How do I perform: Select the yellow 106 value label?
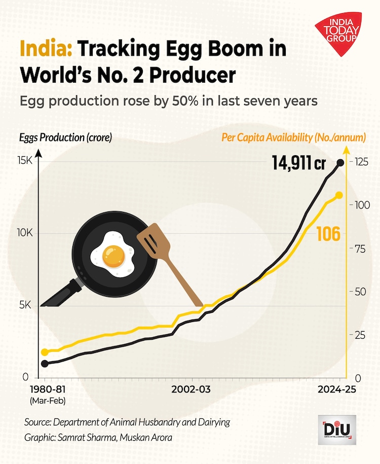[x=328, y=234]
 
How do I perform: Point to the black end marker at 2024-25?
[x=340, y=162]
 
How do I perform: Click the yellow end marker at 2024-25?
[x=339, y=195]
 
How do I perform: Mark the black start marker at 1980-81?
[x=45, y=364]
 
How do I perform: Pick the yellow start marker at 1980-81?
[x=45, y=352]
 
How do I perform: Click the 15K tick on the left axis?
[x=24, y=161]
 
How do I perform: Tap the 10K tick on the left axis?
[x=24, y=233]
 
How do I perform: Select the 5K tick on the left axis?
[x=25, y=305]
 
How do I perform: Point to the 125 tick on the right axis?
[x=361, y=161]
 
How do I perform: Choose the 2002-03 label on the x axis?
[x=191, y=390]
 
